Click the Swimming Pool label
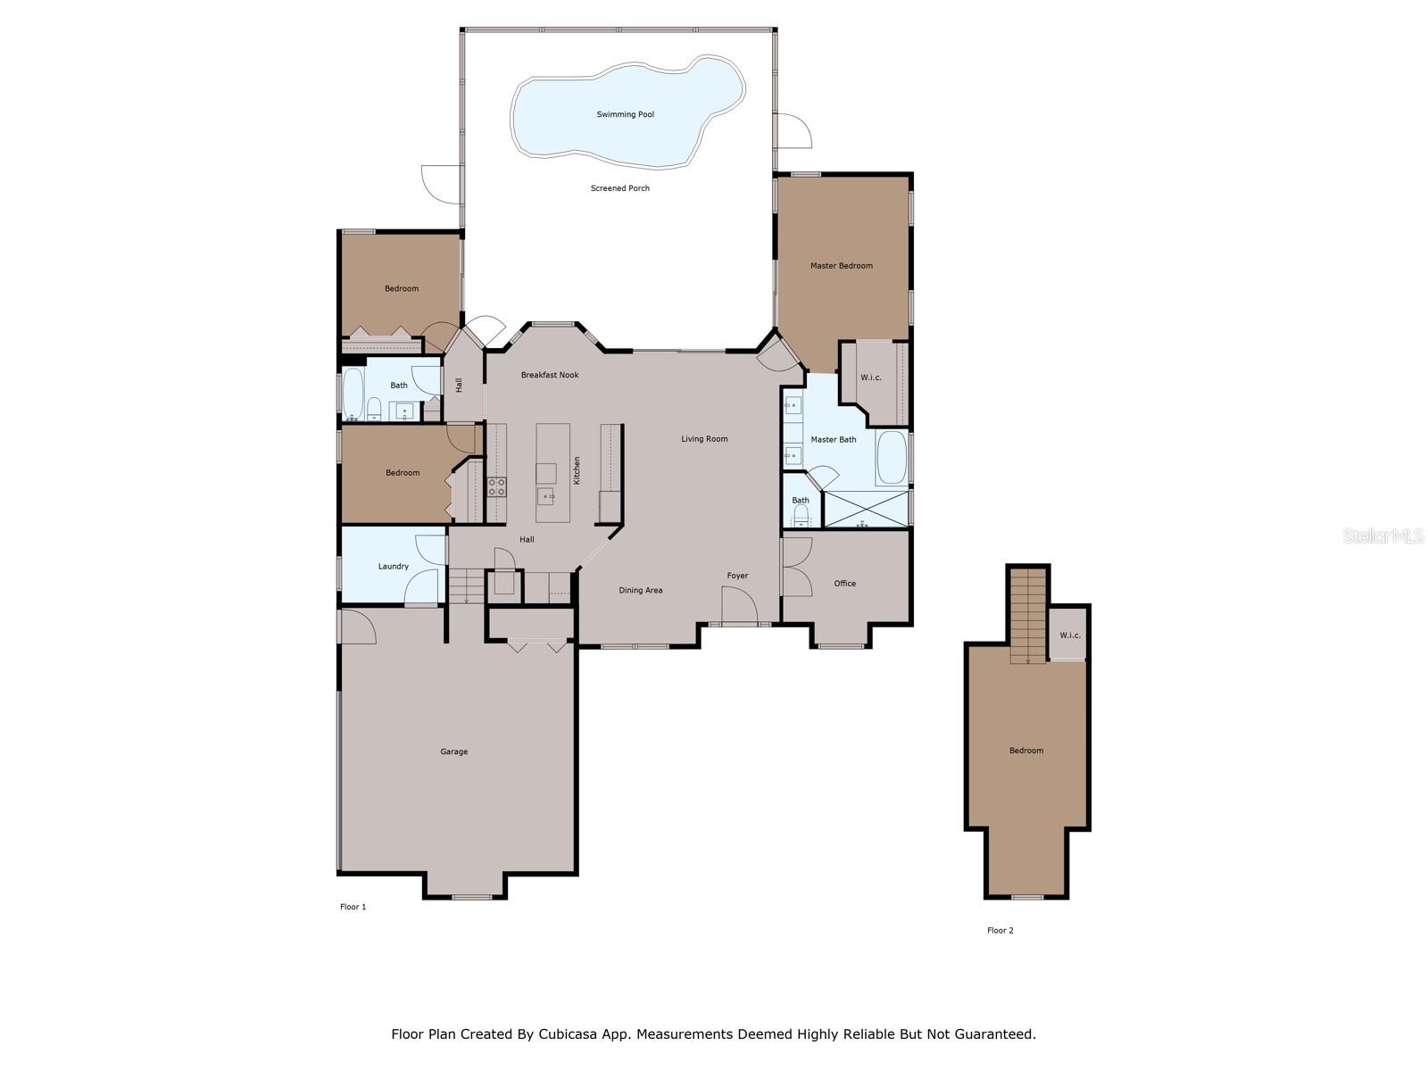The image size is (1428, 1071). [625, 114]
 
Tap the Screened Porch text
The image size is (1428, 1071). [619, 188]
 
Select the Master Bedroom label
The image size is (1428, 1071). [841, 265]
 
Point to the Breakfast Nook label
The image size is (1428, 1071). [549, 375]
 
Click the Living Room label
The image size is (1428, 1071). [704, 439]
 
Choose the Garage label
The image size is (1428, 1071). [453, 751]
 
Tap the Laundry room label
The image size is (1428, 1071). [393, 567]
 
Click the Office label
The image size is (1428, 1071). [844, 584]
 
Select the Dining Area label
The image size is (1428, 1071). [640, 591]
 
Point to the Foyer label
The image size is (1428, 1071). [737, 576]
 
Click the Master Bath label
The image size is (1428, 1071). [833, 440]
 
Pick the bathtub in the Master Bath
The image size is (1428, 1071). [892, 457]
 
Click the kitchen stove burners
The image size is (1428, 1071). [496, 487]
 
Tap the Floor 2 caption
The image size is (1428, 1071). [1000, 931]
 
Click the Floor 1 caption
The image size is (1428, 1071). [353, 907]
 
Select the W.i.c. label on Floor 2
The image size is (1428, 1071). [1069, 635]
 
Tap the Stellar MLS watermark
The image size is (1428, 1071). [1383, 535]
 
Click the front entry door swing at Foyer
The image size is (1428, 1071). [740, 605]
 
